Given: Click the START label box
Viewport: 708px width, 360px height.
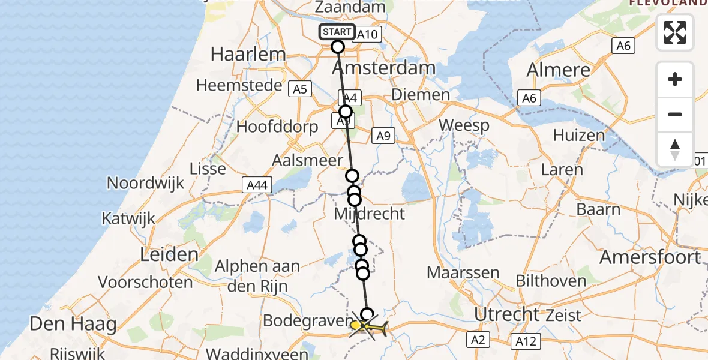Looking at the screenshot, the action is pos(337,32).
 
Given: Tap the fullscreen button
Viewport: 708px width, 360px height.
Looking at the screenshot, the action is pos(675,32).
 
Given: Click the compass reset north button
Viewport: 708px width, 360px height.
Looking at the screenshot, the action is pos(675,148).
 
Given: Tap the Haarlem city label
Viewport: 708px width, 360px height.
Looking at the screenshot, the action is pos(248,54).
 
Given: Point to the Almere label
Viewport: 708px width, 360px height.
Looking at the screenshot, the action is pos(559,70).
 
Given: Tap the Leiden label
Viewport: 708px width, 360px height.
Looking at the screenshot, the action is pos(169,254).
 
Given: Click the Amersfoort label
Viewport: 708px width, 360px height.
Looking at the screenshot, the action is pos(650,257).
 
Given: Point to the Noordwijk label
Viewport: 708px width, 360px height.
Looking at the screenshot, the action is pos(146,183).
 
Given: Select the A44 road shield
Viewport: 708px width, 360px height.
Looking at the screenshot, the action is pos(255,185).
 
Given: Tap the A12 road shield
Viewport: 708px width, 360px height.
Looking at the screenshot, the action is pos(526,341).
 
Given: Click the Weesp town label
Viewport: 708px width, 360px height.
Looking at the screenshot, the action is pos(464,125).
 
